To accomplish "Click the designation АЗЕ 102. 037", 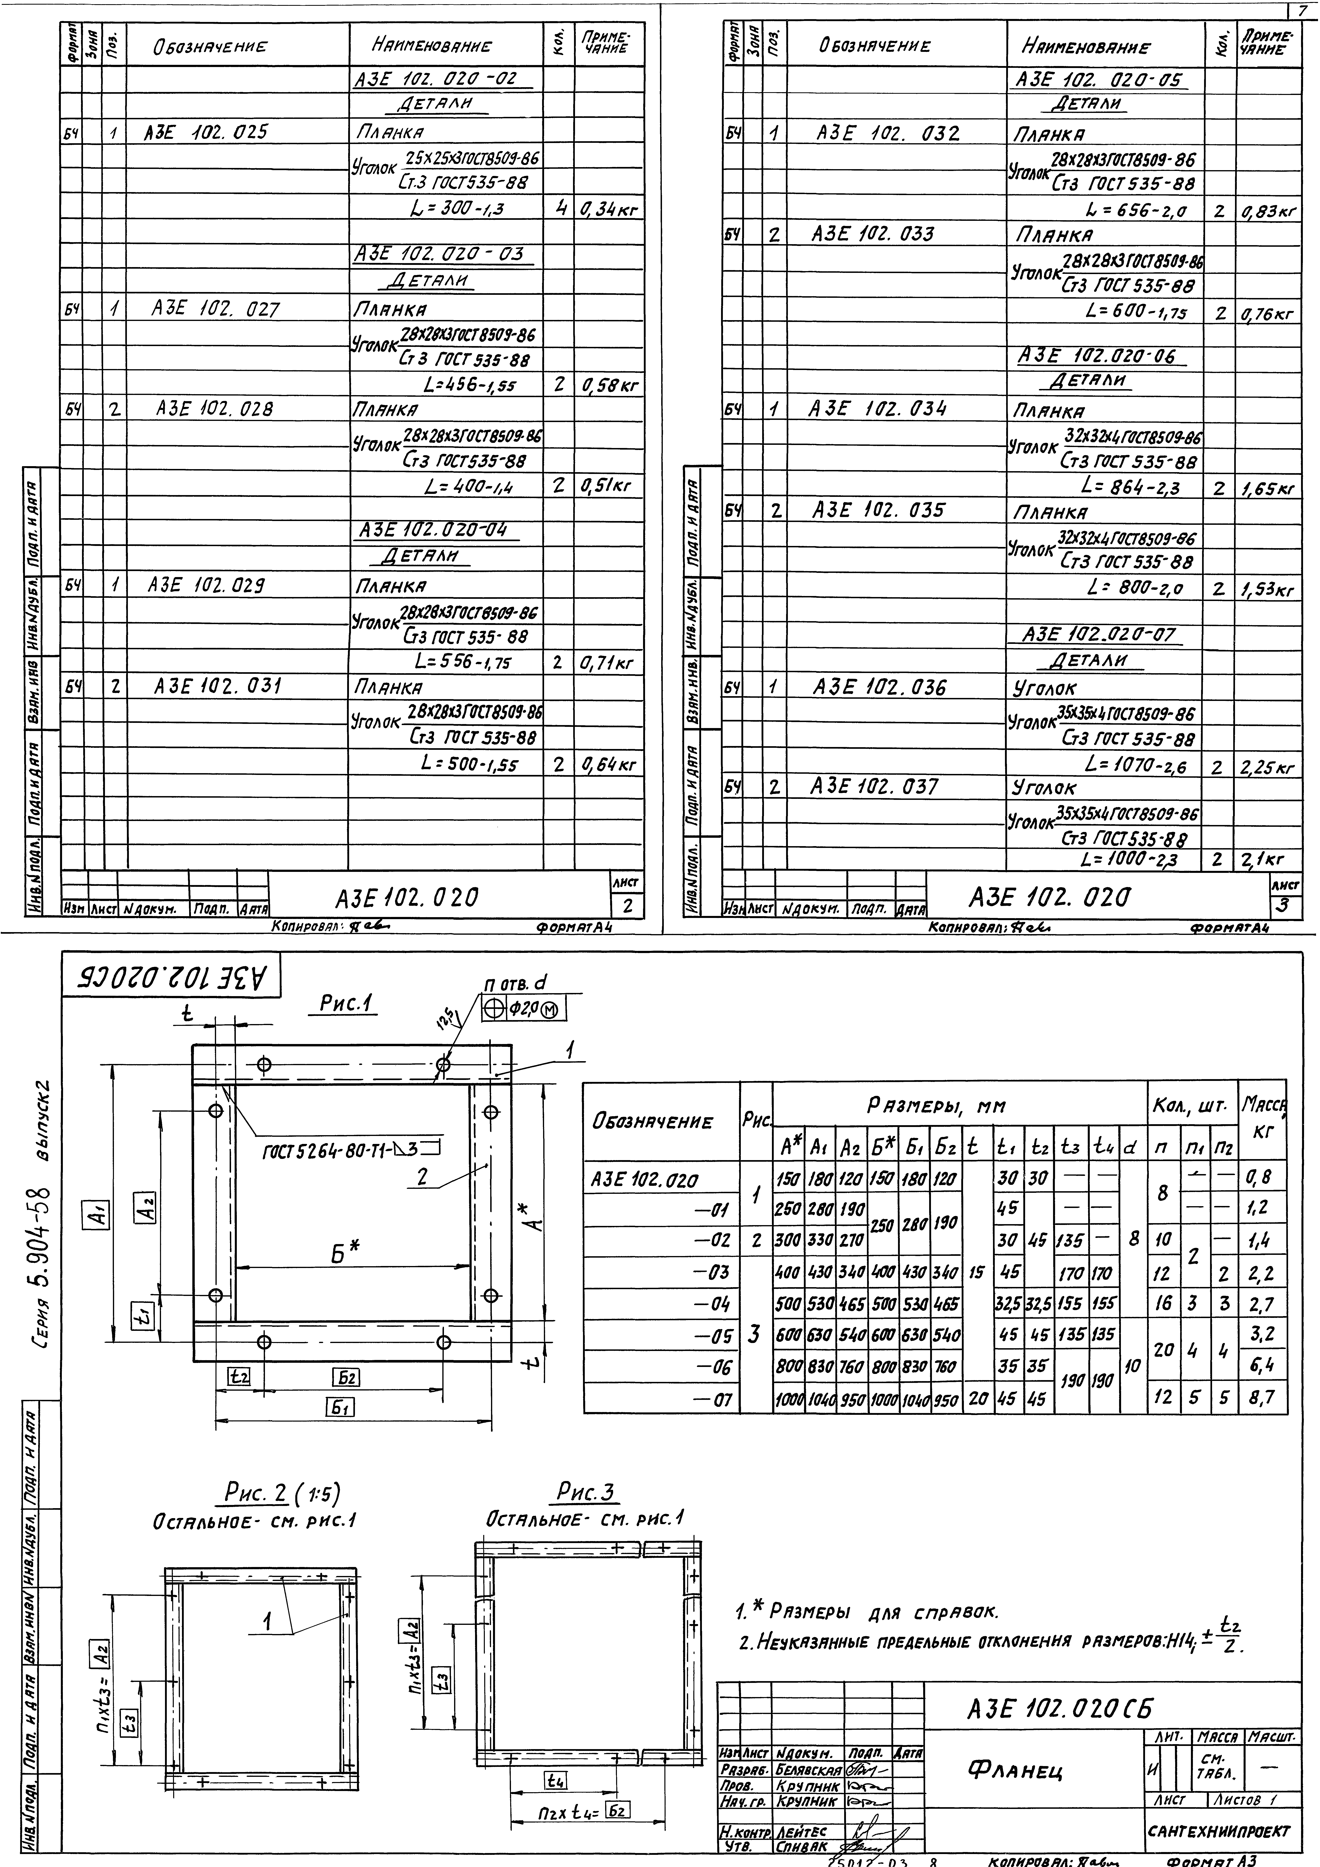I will (x=874, y=786).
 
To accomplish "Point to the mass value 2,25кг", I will (x=1266, y=767).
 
